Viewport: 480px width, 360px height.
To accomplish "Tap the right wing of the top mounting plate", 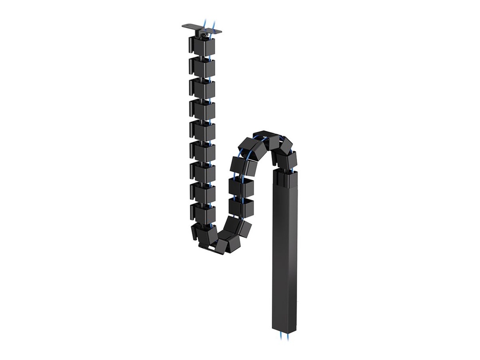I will [x=216, y=31].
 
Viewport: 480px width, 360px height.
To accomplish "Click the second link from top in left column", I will [x=202, y=67].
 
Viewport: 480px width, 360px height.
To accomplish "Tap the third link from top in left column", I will [x=202, y=89].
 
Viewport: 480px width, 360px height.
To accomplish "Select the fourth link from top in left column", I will [x=202, y=110].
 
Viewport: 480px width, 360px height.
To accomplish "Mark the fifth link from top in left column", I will [x=202, y=131].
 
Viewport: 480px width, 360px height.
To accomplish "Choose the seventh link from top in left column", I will [x=202, y=172].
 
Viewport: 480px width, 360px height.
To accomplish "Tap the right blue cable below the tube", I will [x=288, y=336].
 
